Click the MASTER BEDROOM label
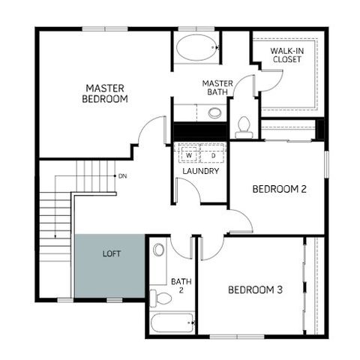coord(106,93)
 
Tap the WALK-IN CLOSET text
coord(287,54)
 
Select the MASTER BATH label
coord(217,87)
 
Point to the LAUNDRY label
coord(201,171)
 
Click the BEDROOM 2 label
coord(279,189)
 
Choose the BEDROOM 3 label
coord(255,290)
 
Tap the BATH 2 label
coord(181,286)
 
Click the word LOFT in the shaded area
coord(112,253)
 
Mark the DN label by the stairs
coord(121,176)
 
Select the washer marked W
coord(189,155)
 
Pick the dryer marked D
coord(213,155)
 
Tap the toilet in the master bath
coord(244,127)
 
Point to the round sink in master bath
coord(215,113)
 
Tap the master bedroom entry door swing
coord(149,133)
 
